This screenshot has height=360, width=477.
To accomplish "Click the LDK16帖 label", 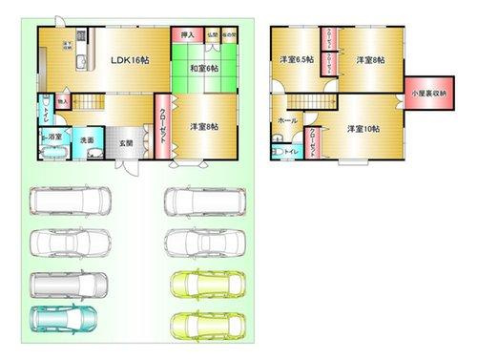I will (129, 59).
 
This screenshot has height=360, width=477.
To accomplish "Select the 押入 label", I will (187, 35).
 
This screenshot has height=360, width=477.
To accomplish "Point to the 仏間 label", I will (212, 35).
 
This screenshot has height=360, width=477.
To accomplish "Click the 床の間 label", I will (229, 35).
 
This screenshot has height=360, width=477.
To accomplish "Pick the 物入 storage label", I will (62, 99).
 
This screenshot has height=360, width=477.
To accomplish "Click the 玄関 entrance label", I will (125, 143).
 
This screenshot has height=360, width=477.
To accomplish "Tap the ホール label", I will (286, 121).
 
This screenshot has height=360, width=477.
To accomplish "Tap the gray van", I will (69, 284).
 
